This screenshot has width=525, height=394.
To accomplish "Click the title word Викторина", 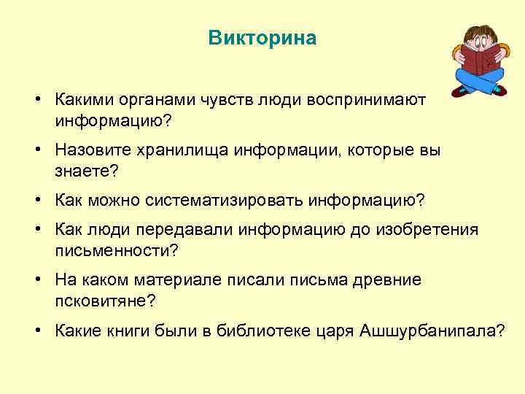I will pyautogui.click(x=262, y=38).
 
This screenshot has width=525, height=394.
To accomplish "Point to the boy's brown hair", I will pyautogui.click(x=478, y=34).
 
